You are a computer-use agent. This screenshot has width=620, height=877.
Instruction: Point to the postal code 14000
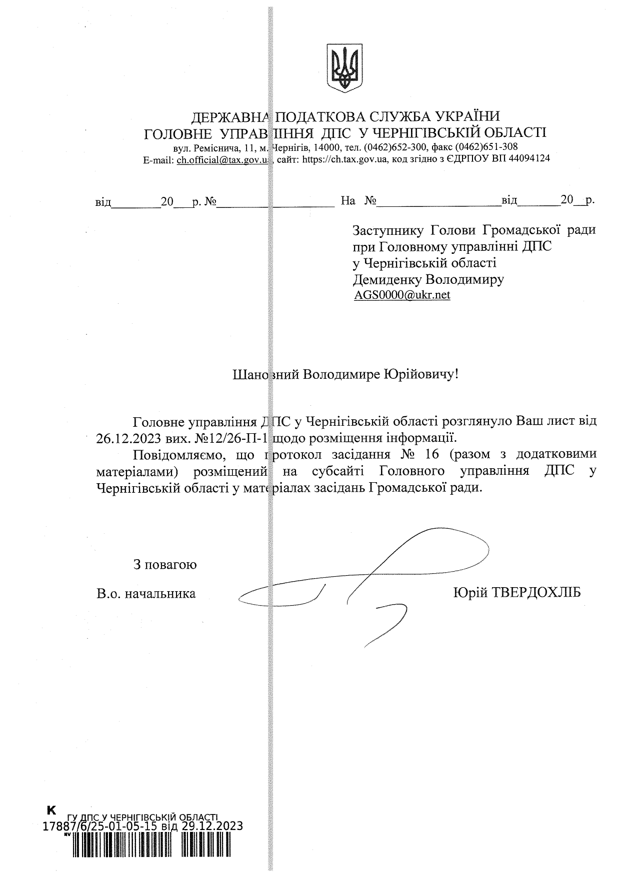click(327, 147)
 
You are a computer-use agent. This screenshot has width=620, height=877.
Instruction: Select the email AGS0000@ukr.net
click(402, 295)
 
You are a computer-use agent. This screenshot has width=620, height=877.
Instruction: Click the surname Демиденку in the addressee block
click(383, 279)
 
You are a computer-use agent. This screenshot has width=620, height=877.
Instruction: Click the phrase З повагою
click(165, 565)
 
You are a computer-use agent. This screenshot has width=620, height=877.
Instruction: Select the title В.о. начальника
click(146, 594)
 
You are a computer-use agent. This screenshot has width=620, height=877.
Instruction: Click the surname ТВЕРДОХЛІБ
click(536, 593)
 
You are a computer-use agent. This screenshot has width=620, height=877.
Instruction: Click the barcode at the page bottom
click(150, 857)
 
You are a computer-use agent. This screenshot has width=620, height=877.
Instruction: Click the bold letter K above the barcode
click(51, 809)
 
